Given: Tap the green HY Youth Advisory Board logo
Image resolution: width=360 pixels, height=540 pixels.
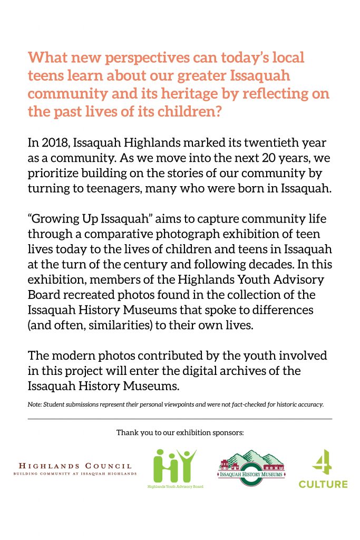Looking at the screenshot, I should coord(175,468).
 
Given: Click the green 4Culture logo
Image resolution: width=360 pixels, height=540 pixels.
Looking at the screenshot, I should coord(323,469).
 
